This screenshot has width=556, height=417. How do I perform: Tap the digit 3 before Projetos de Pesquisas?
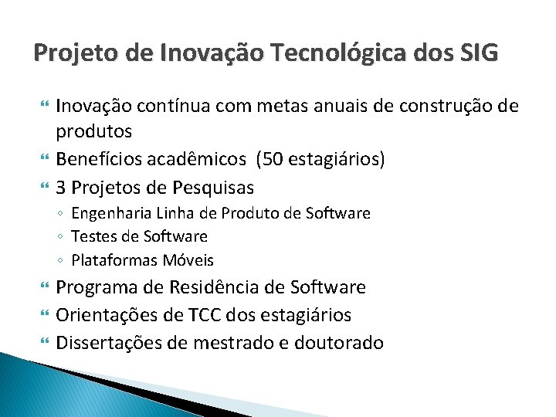click(63, 188)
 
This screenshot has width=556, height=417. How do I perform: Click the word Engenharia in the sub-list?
click(110, 213)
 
